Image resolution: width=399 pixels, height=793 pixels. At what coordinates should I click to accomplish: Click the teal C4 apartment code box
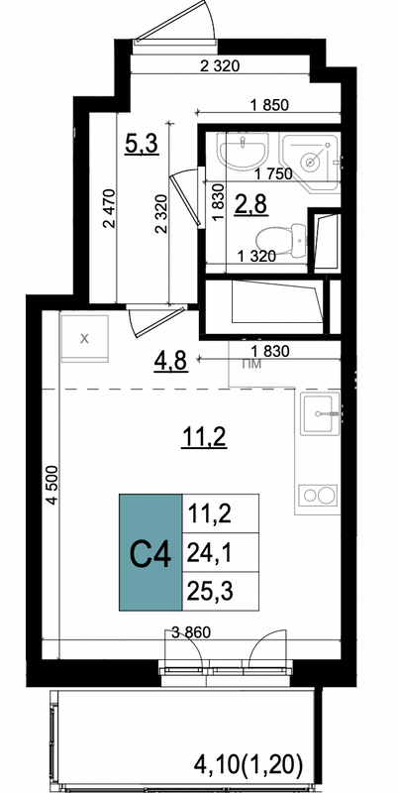(x=150, y=552)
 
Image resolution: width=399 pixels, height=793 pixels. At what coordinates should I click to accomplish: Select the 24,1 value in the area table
(x=210, y=554)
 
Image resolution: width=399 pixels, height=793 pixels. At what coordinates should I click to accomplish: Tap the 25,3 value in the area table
(x=210, y=591)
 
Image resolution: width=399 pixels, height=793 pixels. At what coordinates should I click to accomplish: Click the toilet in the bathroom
(x=281, y=240)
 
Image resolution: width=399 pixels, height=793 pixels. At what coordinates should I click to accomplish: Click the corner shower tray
(x=310, y=160)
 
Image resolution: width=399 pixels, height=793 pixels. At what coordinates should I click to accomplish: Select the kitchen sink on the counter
(x=320, y=413)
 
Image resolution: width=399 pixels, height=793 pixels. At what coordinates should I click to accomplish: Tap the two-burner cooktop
(x=318, y=494)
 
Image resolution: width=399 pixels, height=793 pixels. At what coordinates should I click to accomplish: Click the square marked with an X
(x=85, y=338)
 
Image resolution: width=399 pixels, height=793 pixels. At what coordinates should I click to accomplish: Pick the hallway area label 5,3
(x=142, y=145)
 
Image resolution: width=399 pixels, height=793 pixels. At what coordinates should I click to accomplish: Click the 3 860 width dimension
(x=190, y=631)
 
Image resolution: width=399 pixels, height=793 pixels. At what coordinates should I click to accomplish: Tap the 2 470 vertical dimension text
(x=110, y=208)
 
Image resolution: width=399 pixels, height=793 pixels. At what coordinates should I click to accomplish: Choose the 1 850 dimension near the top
(x=268, y=105)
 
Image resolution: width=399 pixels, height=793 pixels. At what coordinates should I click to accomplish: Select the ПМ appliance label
(x=251, y=364)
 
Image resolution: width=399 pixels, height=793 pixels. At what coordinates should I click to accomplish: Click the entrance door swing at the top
(x=176, y=23)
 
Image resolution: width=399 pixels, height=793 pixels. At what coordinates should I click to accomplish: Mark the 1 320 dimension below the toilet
(x=256, y=257)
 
